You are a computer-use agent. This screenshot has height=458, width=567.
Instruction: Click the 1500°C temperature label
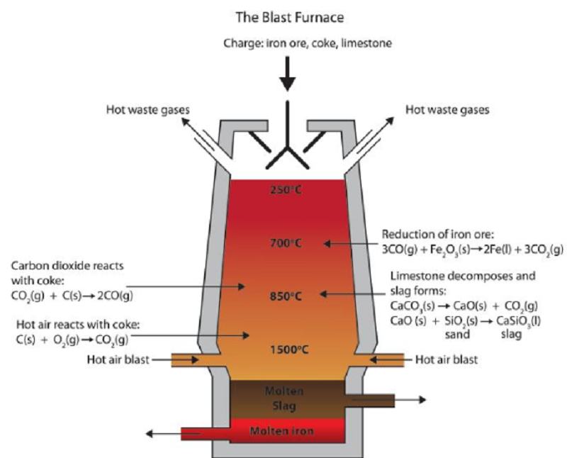coord(287,349)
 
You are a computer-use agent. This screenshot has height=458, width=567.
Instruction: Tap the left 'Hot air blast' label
coord(118,360)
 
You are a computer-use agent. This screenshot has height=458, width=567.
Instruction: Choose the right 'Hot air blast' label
coord(447,360)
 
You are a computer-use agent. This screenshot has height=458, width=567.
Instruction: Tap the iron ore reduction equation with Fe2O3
coord(473,248)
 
